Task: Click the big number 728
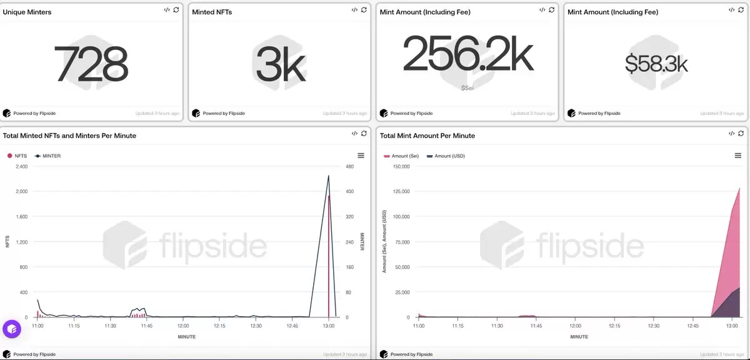(91, 64)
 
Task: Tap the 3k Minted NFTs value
(280, 64)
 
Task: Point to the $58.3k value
(656, 64)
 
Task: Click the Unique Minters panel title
(27, 12)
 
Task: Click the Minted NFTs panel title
(212, 12)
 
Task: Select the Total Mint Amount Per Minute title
(427, 136)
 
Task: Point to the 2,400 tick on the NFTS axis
(21, 167)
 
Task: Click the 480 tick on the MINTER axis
(350, 167)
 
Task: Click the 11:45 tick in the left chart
(146, 326)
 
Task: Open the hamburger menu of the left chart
(361, 156)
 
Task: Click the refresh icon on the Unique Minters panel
(176, 10)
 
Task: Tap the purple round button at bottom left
(12, 329)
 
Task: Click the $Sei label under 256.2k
(467, 88)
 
